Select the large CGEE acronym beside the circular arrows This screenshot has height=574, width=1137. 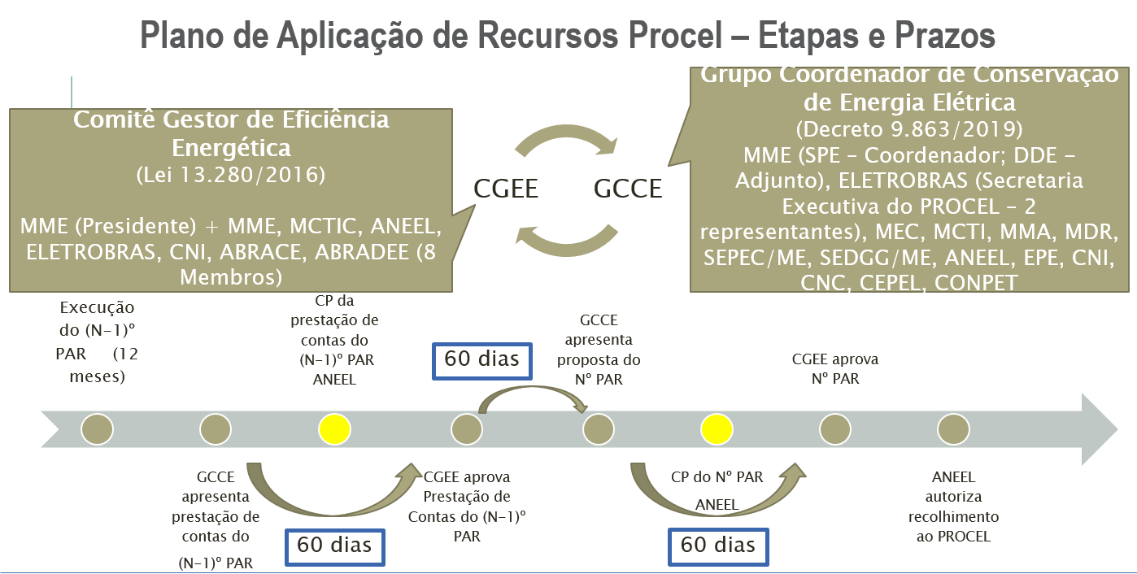pos(507,189)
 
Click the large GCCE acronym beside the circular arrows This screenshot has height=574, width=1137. pos(628,189)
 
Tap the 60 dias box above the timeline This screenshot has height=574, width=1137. pos(481,359)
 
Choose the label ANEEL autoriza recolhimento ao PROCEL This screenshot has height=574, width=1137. pos(953,507)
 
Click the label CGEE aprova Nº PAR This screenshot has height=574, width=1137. pos(834,368)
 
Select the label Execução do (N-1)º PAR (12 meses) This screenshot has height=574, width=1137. pos(98,342)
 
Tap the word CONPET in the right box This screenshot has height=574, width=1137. pos(976,283)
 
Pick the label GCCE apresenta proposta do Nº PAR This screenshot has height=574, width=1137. pos(599,350)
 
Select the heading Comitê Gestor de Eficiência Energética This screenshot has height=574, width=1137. pos(231,133)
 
